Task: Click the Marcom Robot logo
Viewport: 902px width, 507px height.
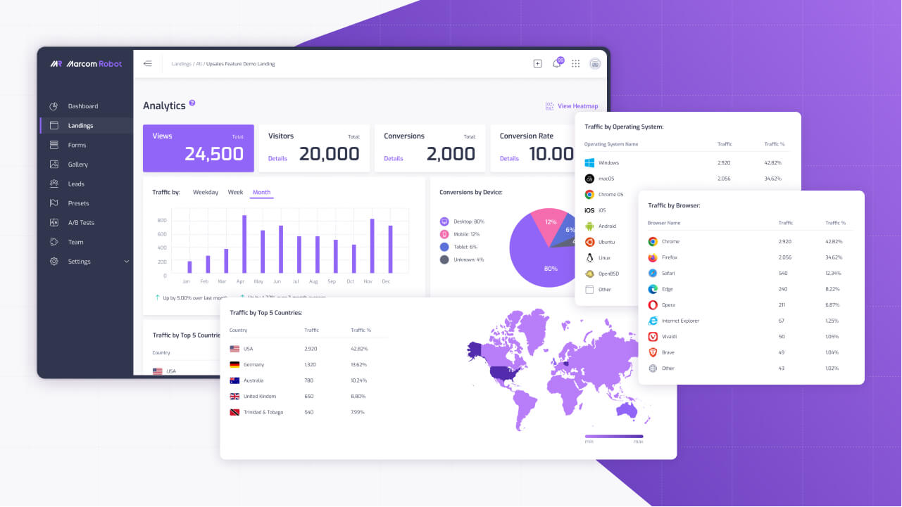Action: click(x=86, y=64)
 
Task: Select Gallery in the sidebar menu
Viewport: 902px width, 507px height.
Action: click(x=77, y=165)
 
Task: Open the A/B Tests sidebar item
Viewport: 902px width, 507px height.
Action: click(x=81, y=223)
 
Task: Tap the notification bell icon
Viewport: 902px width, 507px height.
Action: click(x=557, y=64)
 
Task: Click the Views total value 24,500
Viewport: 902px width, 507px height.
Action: click(x=214, y=154)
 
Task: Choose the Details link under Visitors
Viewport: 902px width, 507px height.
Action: click(x=277, y=158)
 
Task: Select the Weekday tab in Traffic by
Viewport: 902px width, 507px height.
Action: click(x=206, y=192)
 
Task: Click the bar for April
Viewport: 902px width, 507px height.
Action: click(x=244, y=244)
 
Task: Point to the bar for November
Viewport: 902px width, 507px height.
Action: click(x=372, y=245)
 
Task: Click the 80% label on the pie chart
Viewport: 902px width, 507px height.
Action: click(x=550, y=269)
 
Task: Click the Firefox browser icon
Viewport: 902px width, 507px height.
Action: click(x=653, y=257)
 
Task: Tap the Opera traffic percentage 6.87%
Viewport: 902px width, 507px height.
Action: click(x=833, y=305)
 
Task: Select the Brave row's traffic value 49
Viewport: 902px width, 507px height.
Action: click(x=782, y=352)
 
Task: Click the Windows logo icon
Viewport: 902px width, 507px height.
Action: click(x=589, y=162)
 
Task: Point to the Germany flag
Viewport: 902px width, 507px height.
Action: click(x=234, y=365)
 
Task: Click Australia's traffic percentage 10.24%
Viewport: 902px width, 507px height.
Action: click(x=359, y=380)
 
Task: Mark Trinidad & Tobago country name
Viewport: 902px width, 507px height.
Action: click(x=263, y=412)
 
